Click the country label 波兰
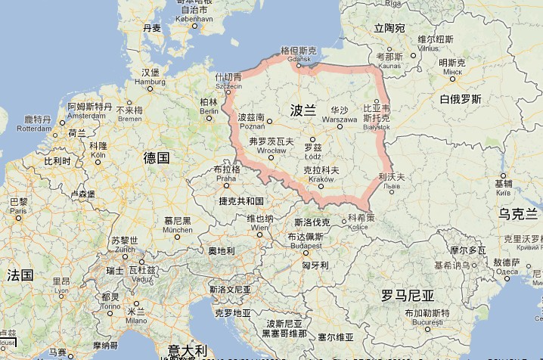point(303,110)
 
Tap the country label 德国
point(156,157)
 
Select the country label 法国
point(20,274)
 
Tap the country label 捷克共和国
point(240,200)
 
